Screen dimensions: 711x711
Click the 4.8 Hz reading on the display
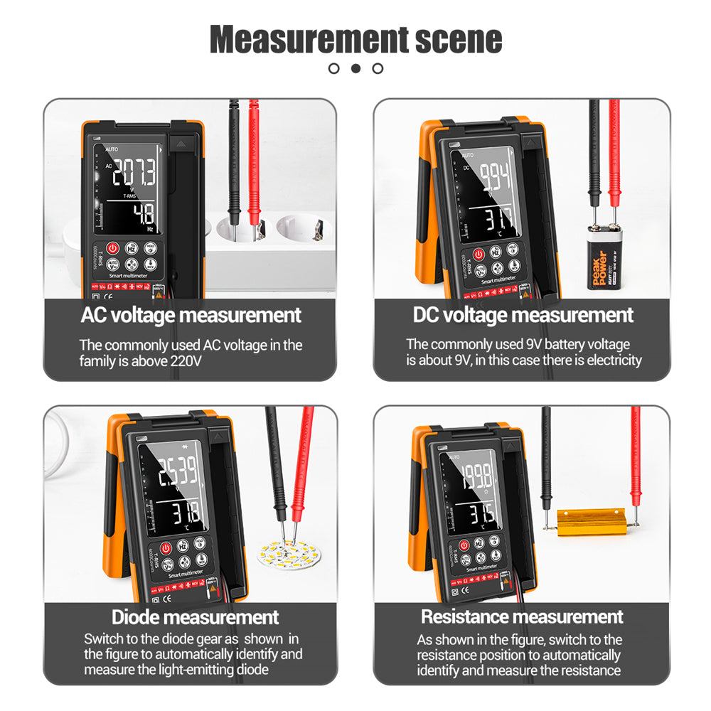click(x=144, y=214)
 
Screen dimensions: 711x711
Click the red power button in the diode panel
click(x=165, y=548)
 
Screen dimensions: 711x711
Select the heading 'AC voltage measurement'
click(x=191, y=315)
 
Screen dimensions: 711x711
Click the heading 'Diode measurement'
click(x=195, y=616)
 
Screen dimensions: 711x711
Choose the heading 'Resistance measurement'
click(x=522, y=616)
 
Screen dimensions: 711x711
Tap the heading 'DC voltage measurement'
click(x=523, y=315)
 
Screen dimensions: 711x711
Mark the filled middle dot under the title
click(x=356, y=68)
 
